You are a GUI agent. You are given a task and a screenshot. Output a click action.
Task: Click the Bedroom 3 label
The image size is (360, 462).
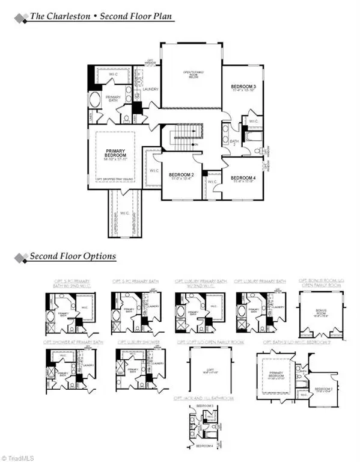(242, 88)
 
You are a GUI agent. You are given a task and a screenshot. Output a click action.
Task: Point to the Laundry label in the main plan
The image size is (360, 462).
(150, 89)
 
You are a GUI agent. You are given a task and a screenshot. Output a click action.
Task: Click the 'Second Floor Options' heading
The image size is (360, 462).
(72, 257)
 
